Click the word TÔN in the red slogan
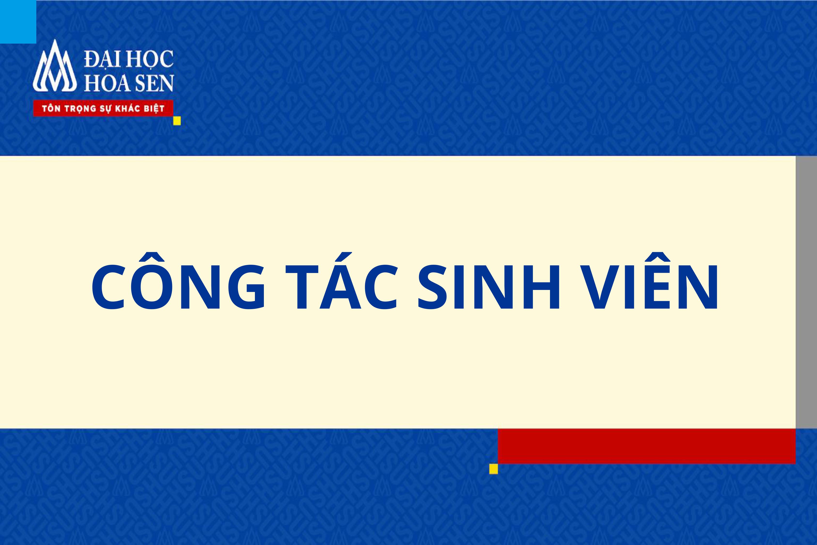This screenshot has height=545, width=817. coord(51,109)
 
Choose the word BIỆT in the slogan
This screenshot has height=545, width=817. coord(154,109)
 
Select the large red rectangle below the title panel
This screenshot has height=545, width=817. coord(646,446)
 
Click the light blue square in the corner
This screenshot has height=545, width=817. coord(18,22)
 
